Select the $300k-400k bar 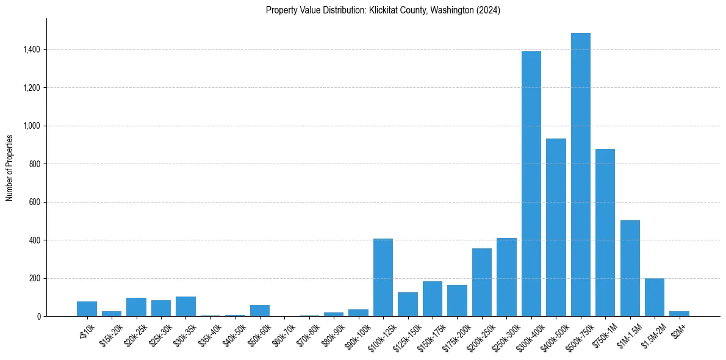click(x=531, y=184)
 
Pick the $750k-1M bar click(x=605, y=232)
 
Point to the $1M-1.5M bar click(x=630, y=268)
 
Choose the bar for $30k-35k click(x=185, y=306)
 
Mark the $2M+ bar click(x=679, y=314)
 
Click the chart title click(x=383, y=10)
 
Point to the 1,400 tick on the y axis click(x=32, y=49)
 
